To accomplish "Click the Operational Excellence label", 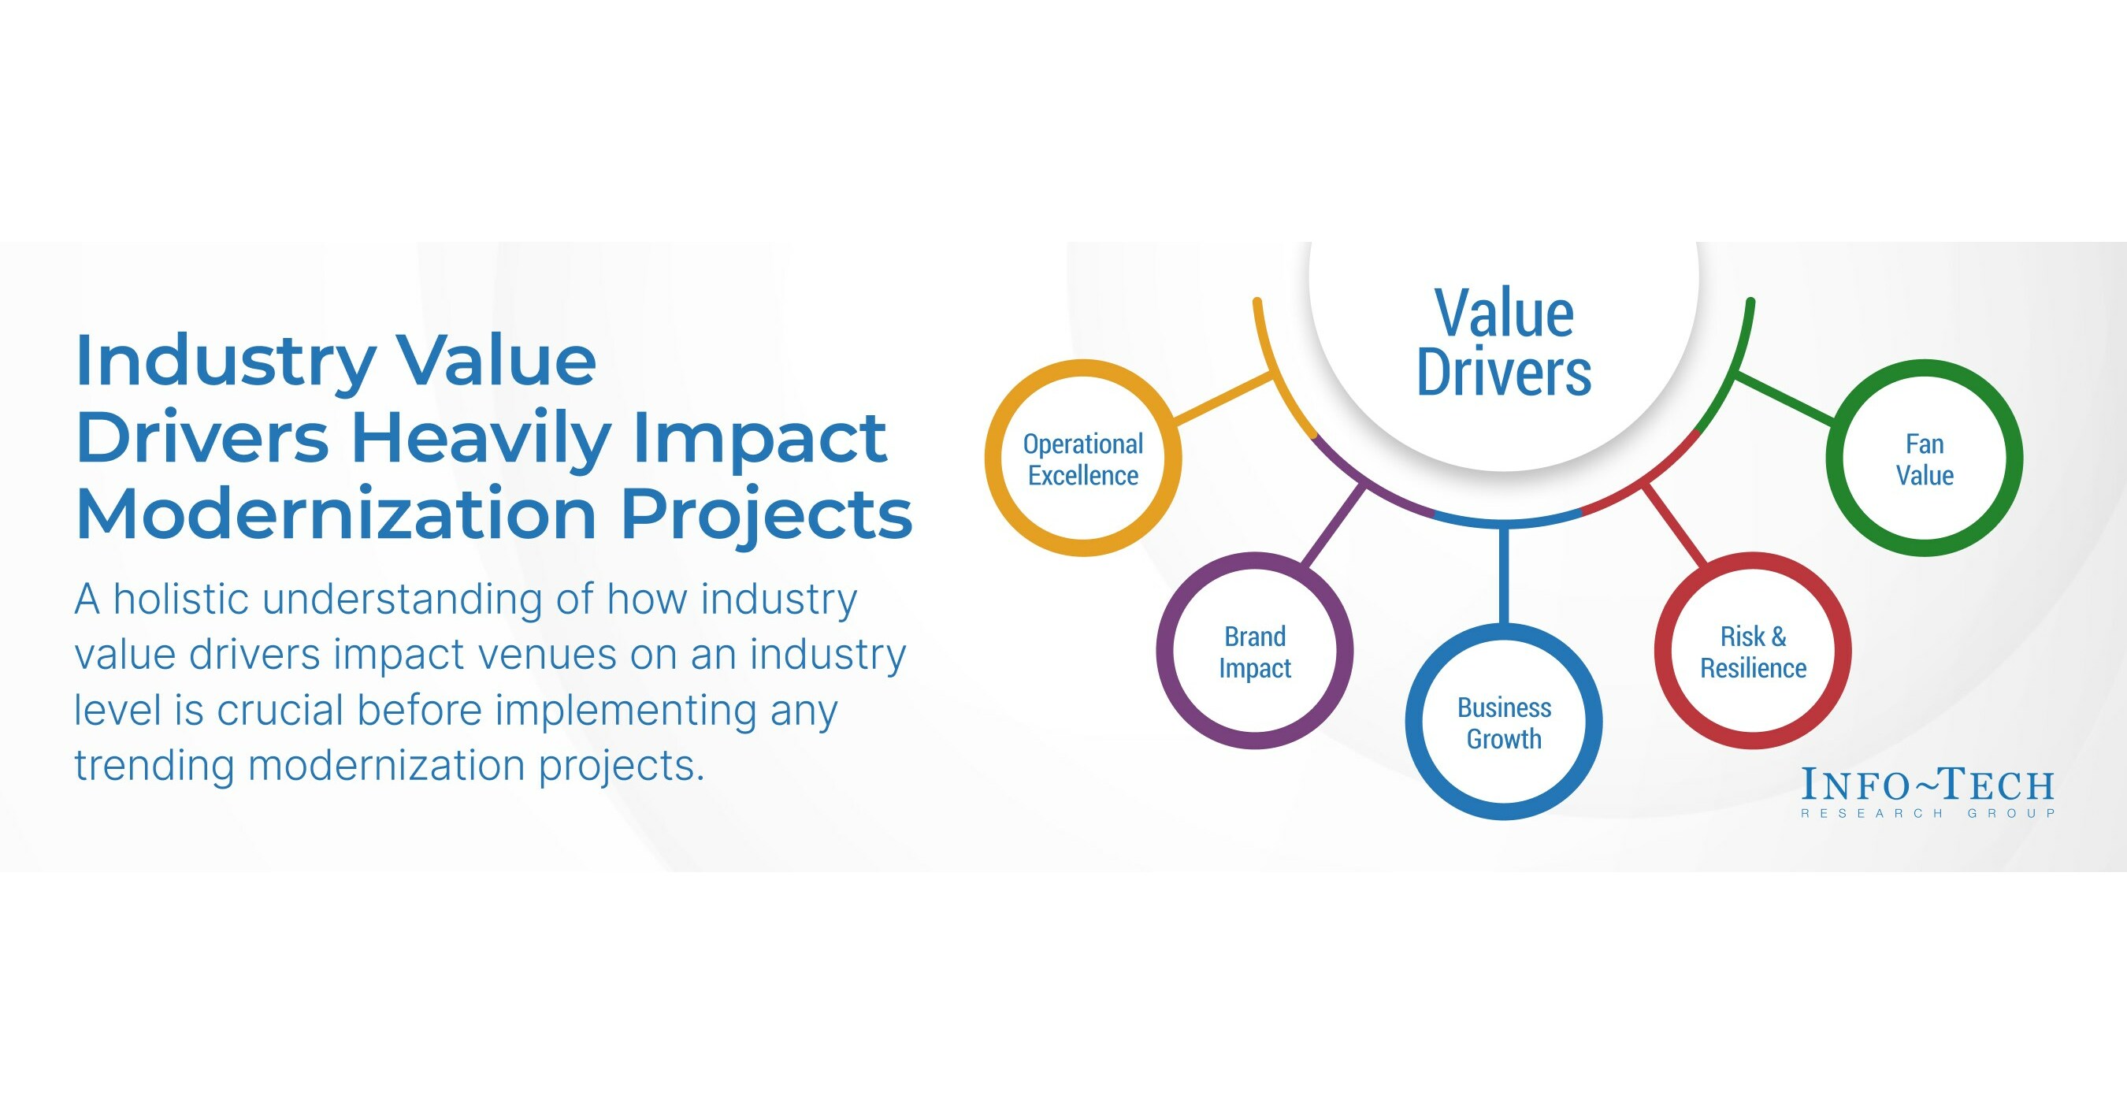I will pos(1082,459).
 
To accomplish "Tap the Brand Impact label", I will pos(1254,652).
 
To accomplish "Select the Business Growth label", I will pos(1504,722).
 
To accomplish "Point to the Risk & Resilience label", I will pos(1753,652).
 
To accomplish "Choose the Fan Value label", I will pos(1924,459).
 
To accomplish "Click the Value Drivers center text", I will pos(1504,343).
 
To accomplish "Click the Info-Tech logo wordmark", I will pos(1927,785).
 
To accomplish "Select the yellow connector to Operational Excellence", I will pos(1222,399).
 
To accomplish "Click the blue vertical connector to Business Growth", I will pos(1504,574).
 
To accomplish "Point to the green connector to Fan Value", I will pos(1785,399).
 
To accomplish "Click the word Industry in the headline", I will pos(225,362).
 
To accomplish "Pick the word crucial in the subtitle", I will pos(280,710).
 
